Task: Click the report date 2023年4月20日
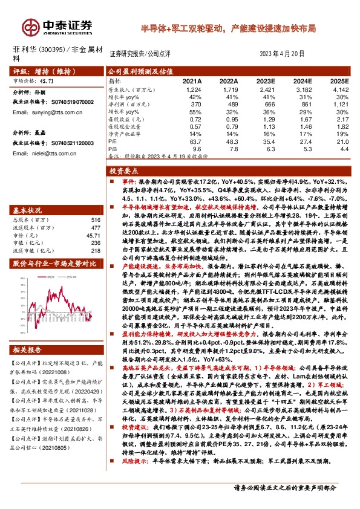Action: [285, 53]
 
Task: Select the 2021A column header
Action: [191, 80]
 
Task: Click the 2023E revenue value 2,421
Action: [266, 89]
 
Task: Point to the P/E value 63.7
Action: [194, 141]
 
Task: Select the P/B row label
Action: [113, 148]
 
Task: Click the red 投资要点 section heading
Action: [126, 172]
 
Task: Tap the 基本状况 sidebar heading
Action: [28, 210]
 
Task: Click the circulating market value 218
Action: [95, 250]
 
